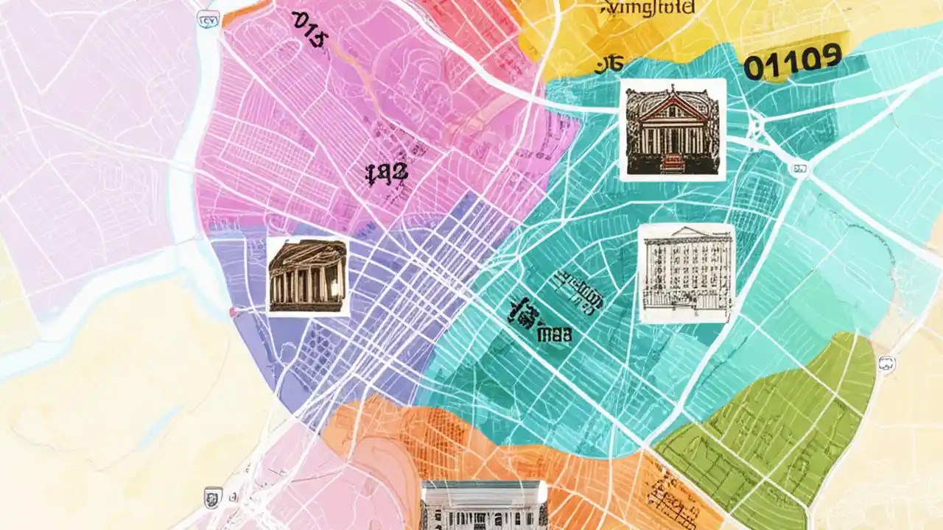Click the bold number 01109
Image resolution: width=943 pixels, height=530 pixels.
pos(792,63)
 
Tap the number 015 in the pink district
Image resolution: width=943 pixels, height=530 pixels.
pos(309,28)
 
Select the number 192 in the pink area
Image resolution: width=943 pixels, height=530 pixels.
pos(386,174)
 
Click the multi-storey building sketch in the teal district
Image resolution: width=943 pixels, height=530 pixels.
pos(686,273)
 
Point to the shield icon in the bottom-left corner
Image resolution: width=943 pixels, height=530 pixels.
pos(212,497)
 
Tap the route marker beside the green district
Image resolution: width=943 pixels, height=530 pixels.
pos(886,362)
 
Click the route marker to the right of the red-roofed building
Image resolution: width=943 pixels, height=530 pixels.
pos(798,169)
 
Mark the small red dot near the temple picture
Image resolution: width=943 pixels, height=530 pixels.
pos(233,313)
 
